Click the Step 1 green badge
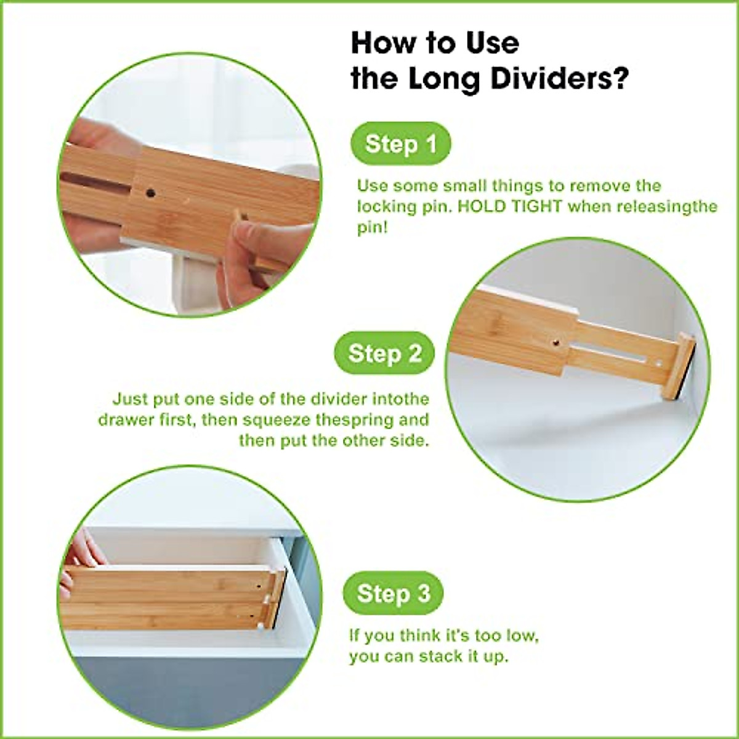click(x=400, y=145)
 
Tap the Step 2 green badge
click(x=384, y=354)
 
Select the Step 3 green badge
click(x=393, y=594)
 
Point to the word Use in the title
click(x=488, y=43)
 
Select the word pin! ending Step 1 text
click(x=373, y=227)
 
